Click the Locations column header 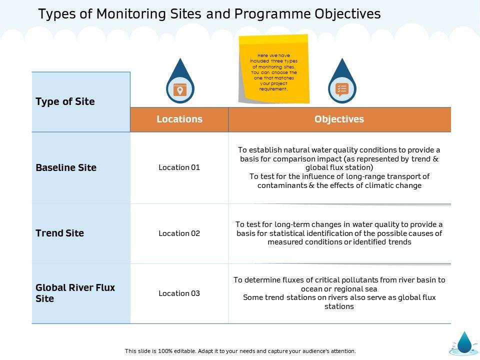[179, 119]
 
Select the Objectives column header [339, 119]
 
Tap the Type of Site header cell [65, 101]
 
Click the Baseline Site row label [66, 167]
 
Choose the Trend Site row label [60, 233]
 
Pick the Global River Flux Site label [75, 293]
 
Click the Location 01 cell [179, 167]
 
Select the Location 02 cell [179, 233]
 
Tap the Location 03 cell [179, 293]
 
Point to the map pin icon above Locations [179, 89]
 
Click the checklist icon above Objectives [342, 89]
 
